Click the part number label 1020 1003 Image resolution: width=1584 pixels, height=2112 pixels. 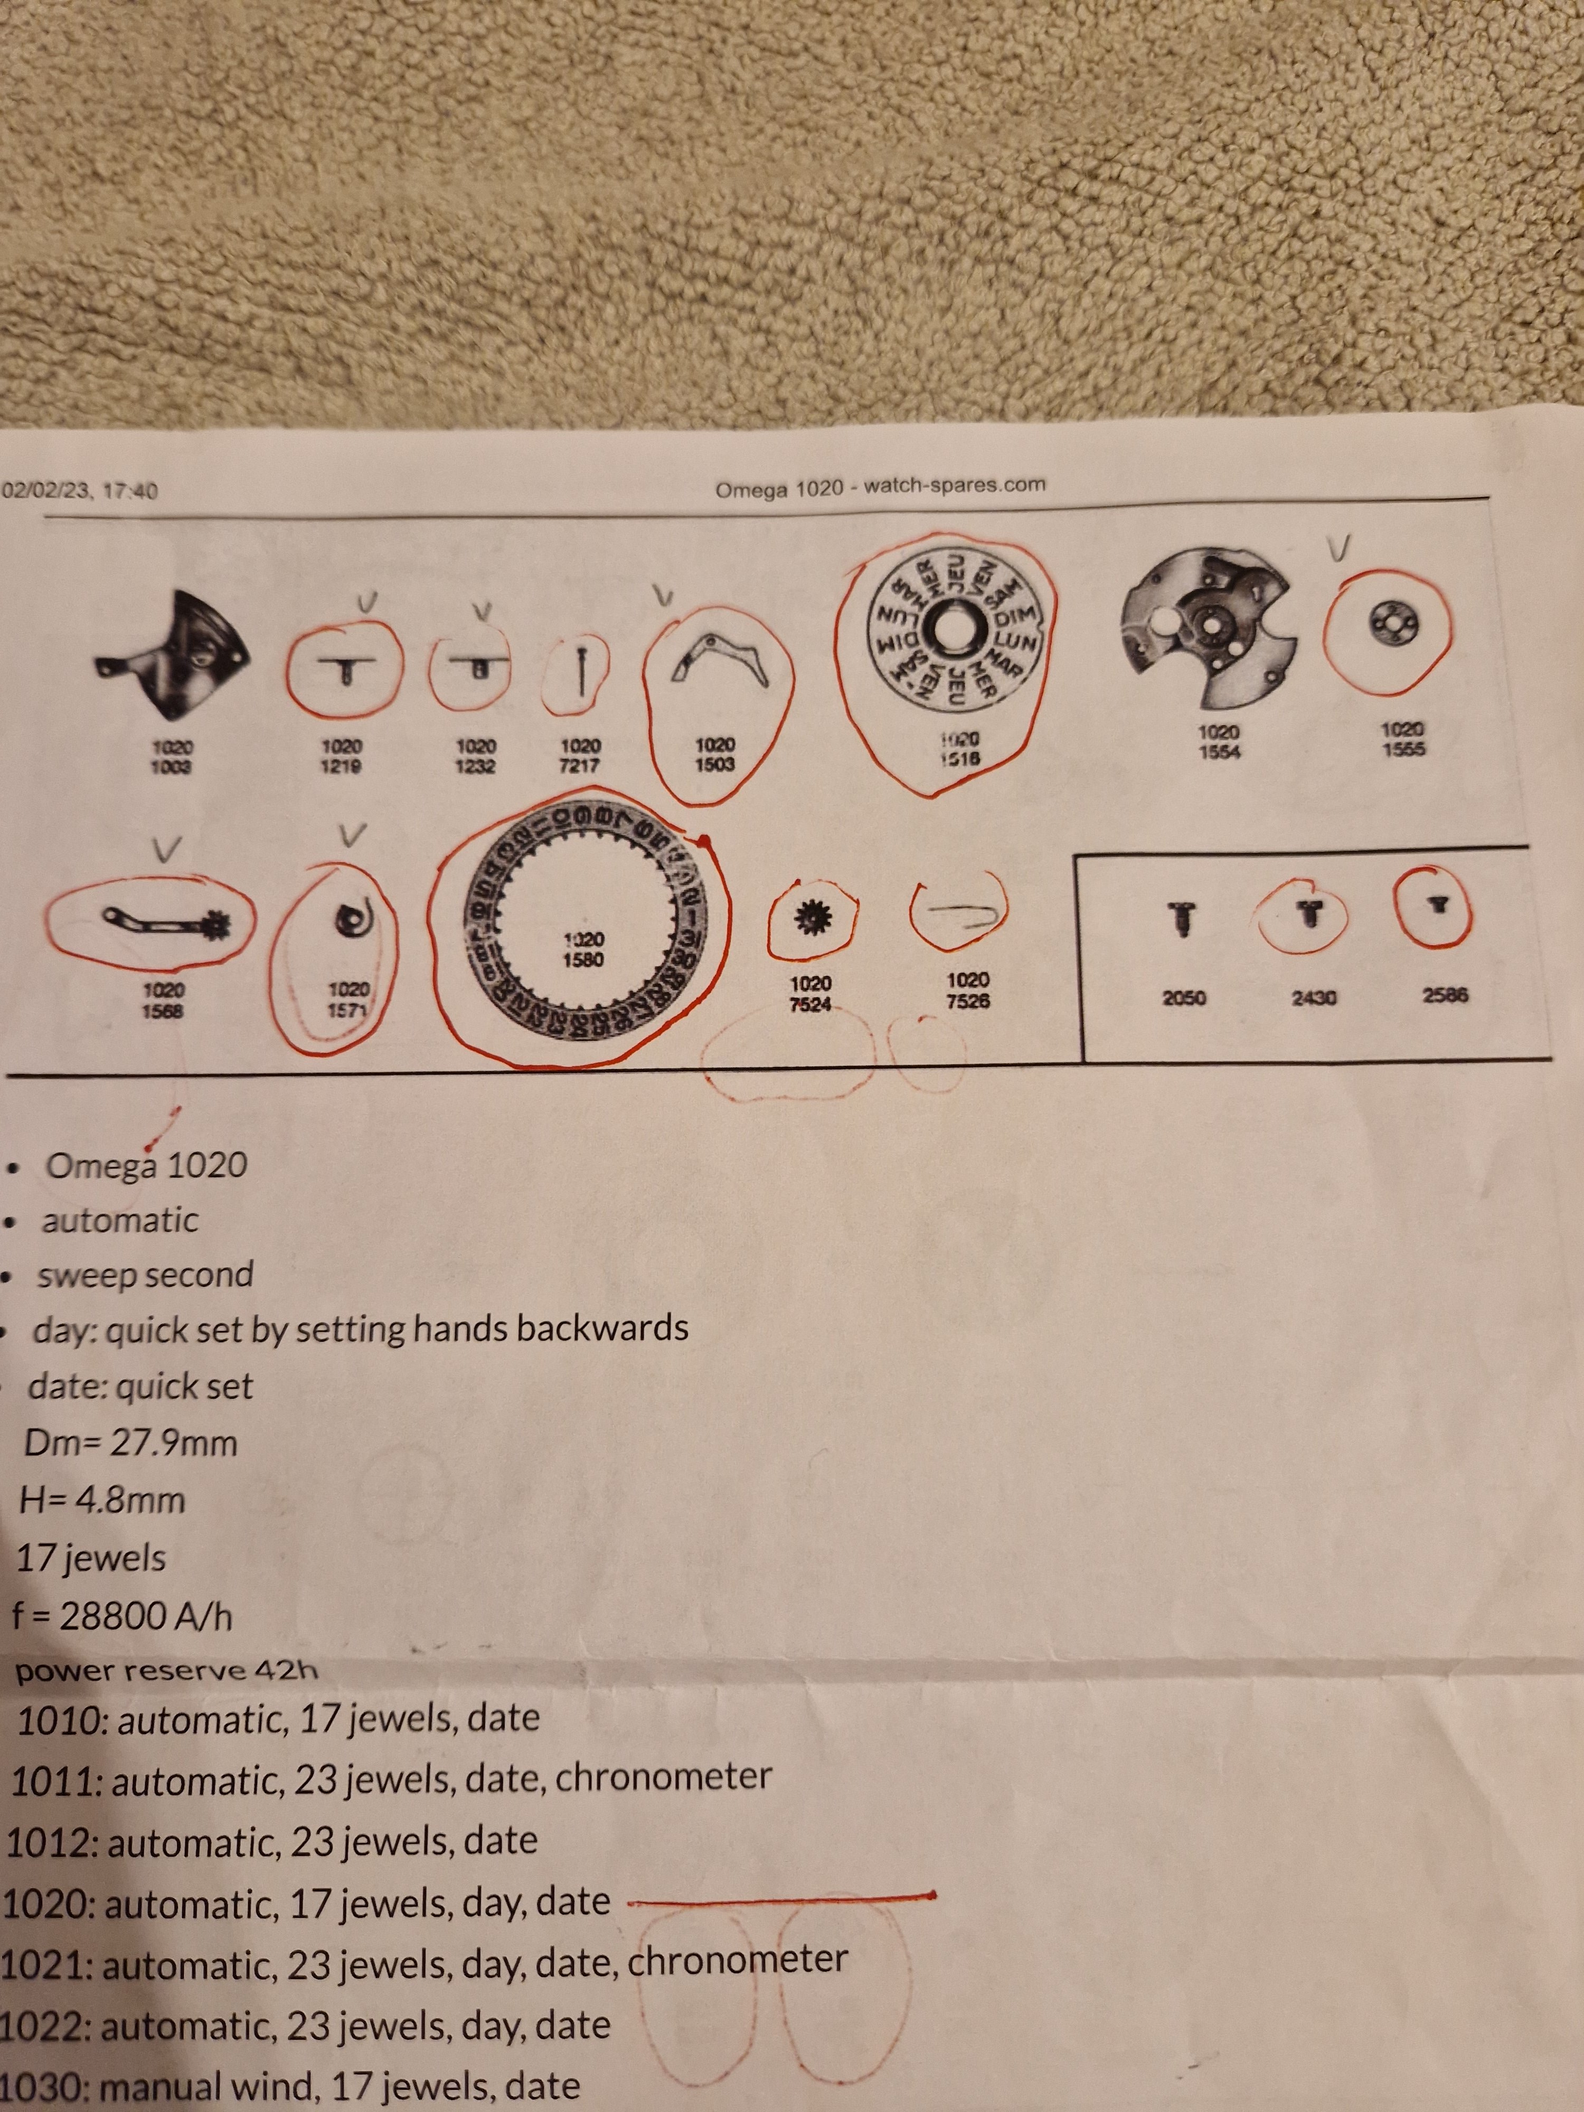click(x=171, y=757)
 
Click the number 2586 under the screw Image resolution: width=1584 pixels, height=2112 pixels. click(x=1445, y=995)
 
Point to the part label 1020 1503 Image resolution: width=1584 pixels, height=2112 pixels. click(x=714, y=755)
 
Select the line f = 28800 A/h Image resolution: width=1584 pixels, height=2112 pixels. click(x=122, y=1616)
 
